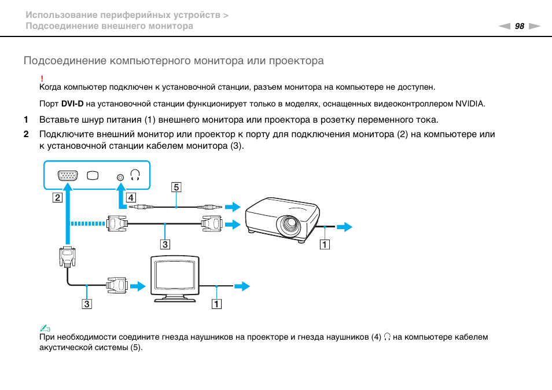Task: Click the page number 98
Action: click(519, 26)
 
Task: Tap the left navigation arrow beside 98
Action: click(505, 26)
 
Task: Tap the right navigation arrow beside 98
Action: click(535, 26)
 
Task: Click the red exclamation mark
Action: click(42, 79)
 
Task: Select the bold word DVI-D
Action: click(72, 104)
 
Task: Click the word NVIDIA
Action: click(470, 104)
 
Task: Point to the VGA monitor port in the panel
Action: click(68, 175)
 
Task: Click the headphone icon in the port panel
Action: click(135, 175)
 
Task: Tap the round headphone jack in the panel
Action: click(120, 177)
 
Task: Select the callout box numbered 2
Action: click(57, 197)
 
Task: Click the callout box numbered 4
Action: click(131, 197)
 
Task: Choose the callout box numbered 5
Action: click(176, 187)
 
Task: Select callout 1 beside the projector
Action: click(325, 244)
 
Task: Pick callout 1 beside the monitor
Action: click(216, 304)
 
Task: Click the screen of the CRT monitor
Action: click(175, 274)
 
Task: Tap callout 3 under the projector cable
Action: click(165, 244)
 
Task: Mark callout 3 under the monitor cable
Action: click(87, 304)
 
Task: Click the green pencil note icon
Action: click(45, 329)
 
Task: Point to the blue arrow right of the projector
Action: click(344, 227)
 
